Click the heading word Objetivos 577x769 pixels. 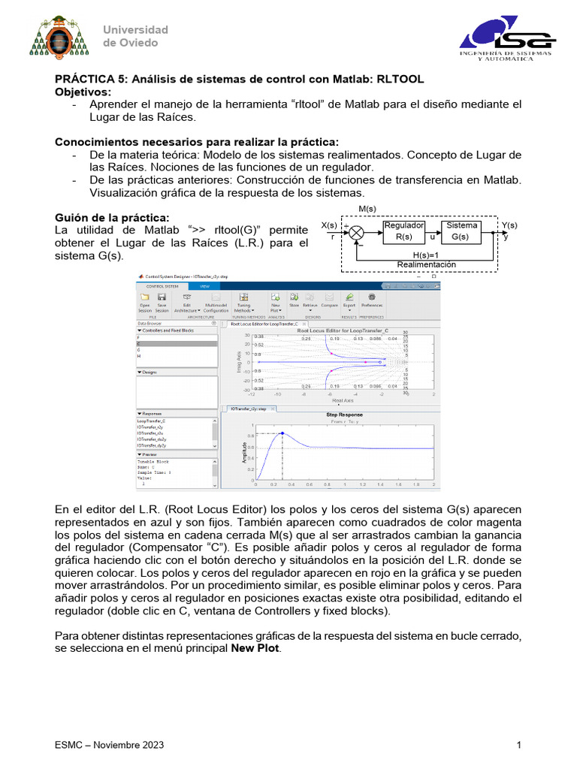[83, 92]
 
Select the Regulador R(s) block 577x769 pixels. [403, 231]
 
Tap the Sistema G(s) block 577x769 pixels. [461, 231]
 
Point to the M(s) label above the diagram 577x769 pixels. [367, 209]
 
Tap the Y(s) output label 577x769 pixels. [509, 225]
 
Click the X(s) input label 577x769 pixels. [329, 225]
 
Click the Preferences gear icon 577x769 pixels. [371, 299]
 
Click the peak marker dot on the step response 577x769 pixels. [282, 433]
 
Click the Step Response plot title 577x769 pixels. [344, 415]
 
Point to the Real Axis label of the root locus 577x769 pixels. [343, 401]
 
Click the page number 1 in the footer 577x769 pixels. [519, 745]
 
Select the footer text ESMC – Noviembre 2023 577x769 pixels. [109, 745]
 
